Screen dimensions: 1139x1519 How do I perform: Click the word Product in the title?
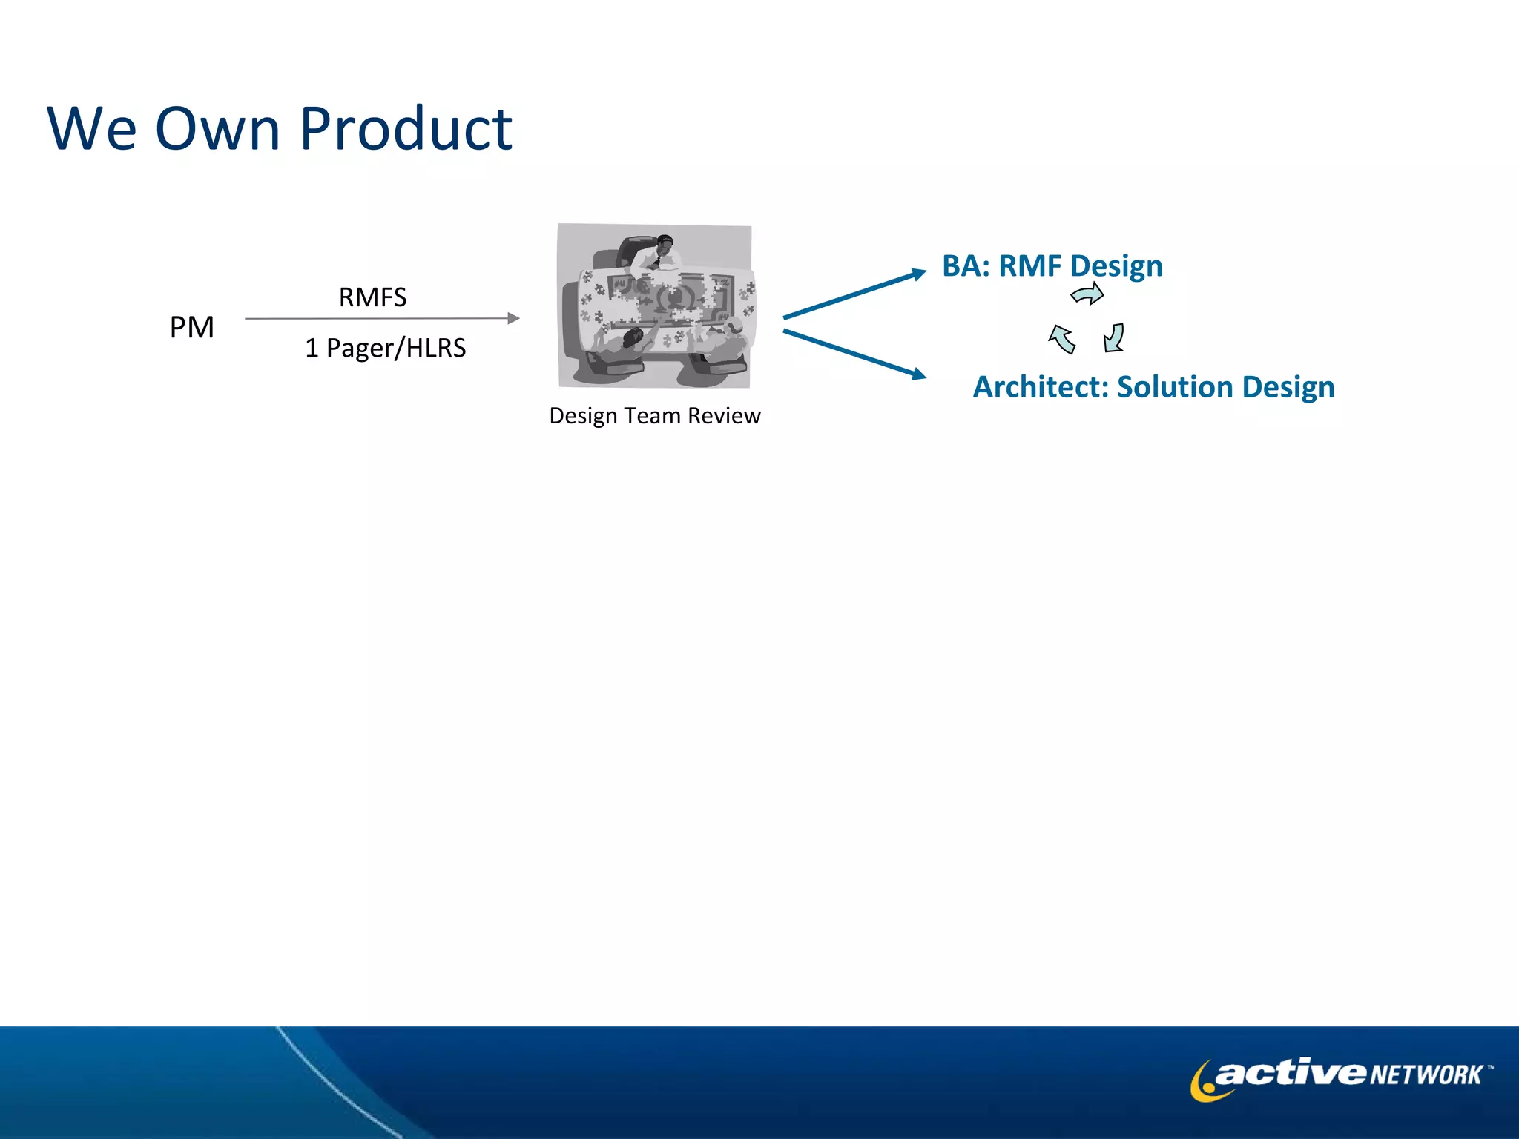[406, 129]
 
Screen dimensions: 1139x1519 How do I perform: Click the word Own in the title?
[217, 129]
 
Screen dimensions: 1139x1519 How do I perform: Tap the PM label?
[191, 327]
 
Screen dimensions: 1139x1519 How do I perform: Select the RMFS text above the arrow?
[372, 297]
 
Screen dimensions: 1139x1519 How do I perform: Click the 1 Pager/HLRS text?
[385, 348]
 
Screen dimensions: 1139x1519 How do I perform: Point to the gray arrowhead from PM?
[513, 318]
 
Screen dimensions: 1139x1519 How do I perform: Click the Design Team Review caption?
[654, 415]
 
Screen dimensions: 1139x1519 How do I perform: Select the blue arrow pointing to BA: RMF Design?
[853, 295]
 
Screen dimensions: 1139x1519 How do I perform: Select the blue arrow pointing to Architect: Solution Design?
[853, 354]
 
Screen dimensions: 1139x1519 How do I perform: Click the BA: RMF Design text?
[1052, 265]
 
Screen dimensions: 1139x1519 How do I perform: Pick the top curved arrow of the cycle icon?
[1088, 294]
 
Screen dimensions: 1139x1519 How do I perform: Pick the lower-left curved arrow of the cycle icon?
[1061, 339]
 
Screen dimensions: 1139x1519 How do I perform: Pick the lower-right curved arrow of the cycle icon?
[1114, 337]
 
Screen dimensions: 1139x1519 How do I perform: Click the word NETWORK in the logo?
[1426, 1074]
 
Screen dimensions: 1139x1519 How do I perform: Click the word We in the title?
[91, 129]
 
